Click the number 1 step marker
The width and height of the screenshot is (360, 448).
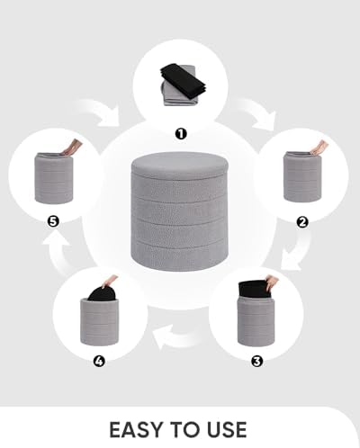[x=180, y=133]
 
